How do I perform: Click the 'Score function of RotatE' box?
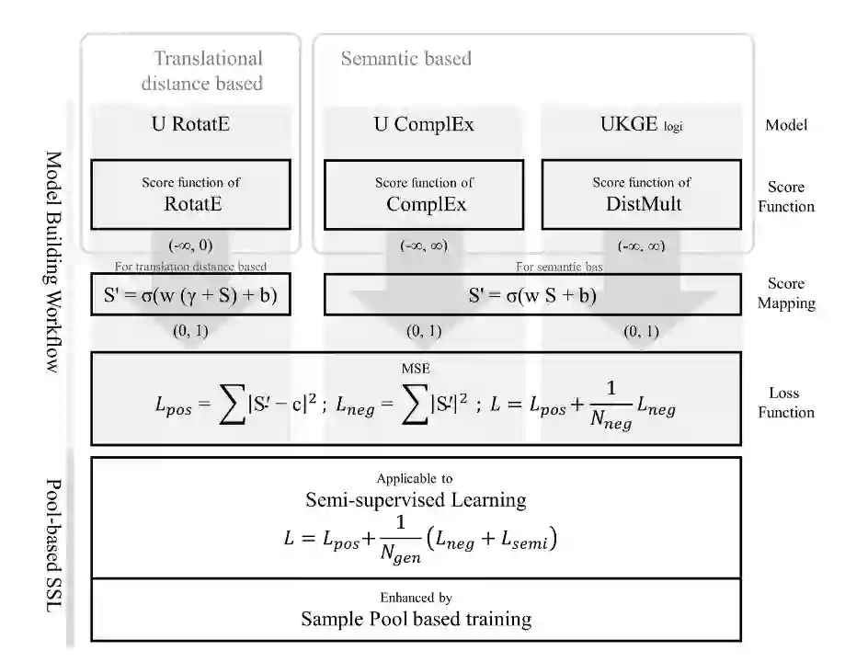point(190,194)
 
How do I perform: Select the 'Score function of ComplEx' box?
point(424,195)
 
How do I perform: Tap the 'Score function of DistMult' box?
point(641,194)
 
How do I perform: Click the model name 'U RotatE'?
point(190,124)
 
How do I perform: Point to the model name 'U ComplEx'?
point(422,124)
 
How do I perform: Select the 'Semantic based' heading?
point(405,59)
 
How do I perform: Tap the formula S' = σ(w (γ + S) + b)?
point(190,296)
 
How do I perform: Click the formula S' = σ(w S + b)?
point(532,296)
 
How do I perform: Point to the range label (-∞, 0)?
point(190,245)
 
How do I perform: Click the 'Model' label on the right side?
point(786,124)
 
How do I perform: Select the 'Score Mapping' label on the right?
point(786,293)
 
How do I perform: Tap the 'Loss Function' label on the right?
point(786,403)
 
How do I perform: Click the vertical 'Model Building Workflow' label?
point(53,261)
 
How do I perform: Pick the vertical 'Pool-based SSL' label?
point(53,547)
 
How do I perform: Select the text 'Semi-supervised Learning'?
point(416,500)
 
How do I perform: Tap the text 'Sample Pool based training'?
point(416,619)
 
